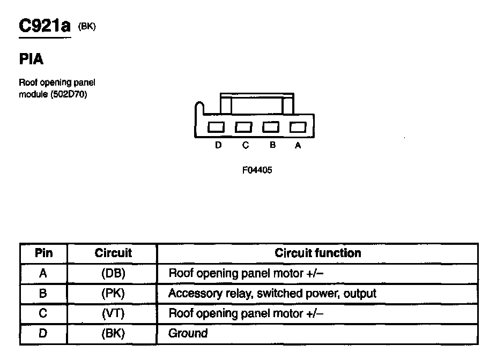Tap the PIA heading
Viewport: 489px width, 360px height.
[31, 59]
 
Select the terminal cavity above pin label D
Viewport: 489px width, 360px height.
[217, 127]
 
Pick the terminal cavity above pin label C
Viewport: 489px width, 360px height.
[243, 127]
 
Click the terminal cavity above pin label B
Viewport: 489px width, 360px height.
[271, 127]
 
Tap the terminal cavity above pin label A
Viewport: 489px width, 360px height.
[298, 127]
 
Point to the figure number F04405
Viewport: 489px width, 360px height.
[254, 170]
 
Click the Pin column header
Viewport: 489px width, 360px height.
[43, 253]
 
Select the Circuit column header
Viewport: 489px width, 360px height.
[113, 253]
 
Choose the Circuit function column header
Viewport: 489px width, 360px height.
[317, 253]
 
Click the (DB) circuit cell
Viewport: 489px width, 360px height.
[113, 273]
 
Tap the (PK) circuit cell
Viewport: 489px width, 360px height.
[113, 294]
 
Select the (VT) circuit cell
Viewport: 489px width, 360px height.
[113, 313]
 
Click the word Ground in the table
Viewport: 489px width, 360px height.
[188, 334]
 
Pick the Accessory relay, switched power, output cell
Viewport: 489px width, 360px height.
[272, 294]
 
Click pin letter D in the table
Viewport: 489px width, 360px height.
[43, 334]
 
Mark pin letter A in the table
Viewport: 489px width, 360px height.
[43, 273]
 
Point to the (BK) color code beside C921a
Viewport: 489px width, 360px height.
[87, 26]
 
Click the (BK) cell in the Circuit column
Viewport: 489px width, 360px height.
[113, 334]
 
